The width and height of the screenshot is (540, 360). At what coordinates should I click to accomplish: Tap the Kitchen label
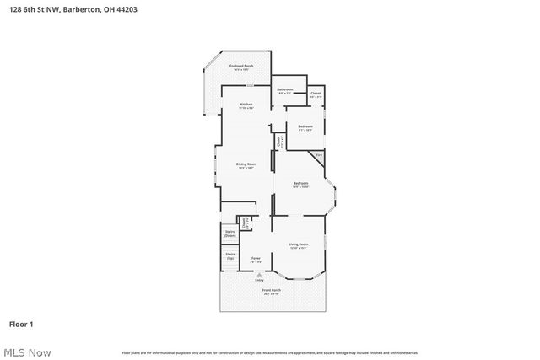tap(246, 105)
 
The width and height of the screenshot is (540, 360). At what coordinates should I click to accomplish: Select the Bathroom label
tap(285, 90)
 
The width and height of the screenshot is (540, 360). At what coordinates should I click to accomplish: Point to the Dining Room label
tap(246, 166)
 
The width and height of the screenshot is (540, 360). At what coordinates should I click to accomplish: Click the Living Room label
tap(299, 246)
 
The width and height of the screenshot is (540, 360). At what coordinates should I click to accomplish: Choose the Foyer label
tap(256, 260)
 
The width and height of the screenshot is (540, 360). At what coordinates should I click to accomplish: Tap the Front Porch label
tap(271, 292)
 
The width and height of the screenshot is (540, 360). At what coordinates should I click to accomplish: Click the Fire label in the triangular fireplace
tap(319, 155)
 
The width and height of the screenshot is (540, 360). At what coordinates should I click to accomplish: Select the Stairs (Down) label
tap(229, 233)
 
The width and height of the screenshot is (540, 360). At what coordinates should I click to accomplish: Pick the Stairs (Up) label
tap(229, 255)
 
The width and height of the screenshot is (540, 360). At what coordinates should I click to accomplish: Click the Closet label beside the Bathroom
tap(316, 94)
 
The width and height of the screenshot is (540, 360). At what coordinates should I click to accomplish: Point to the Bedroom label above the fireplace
tap(305, 128)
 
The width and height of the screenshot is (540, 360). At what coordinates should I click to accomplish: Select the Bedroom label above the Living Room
tap(300, 185)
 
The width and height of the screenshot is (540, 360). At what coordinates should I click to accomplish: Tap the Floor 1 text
tap(20, 324)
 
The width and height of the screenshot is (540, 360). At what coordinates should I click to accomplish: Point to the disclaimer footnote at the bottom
tap(270, 352)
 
